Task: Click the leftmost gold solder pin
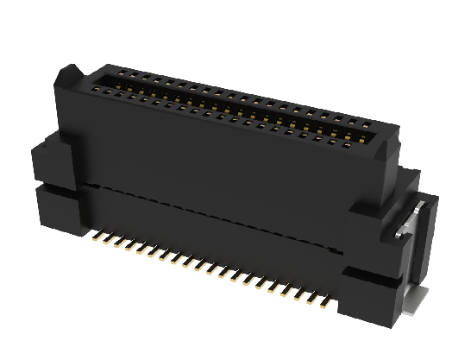point(97,234)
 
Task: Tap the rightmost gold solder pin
point(325,301)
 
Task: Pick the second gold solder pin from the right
point(315,299)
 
